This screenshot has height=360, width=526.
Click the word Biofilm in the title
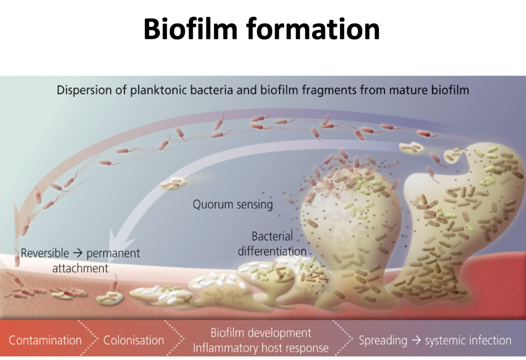click(x=190, y=29)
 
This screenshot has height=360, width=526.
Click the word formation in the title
click(x=313, y=29)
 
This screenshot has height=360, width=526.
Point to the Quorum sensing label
click(x=233, y=205)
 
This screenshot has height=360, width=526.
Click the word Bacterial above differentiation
click(x=272, y=237)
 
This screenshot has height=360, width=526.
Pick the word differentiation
click(x=272, y=251)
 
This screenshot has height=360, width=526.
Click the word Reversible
click(x=45, y=253)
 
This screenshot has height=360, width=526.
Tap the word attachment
click(x=80, y=269)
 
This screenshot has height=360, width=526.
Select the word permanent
click(x=113, y=253)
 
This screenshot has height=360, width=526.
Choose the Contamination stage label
click(x=45, y=340)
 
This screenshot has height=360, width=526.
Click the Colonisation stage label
click(x=134, y=340)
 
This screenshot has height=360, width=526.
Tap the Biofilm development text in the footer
click(x=261, y=333)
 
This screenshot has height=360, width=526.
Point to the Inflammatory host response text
click(x=261, y=348)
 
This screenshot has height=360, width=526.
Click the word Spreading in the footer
click(x=383, y=340)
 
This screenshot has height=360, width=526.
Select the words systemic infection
click(x=468, y=340)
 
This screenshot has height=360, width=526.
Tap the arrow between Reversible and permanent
click(x=78, y=253)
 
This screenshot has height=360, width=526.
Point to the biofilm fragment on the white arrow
click(x=174, y=183)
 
